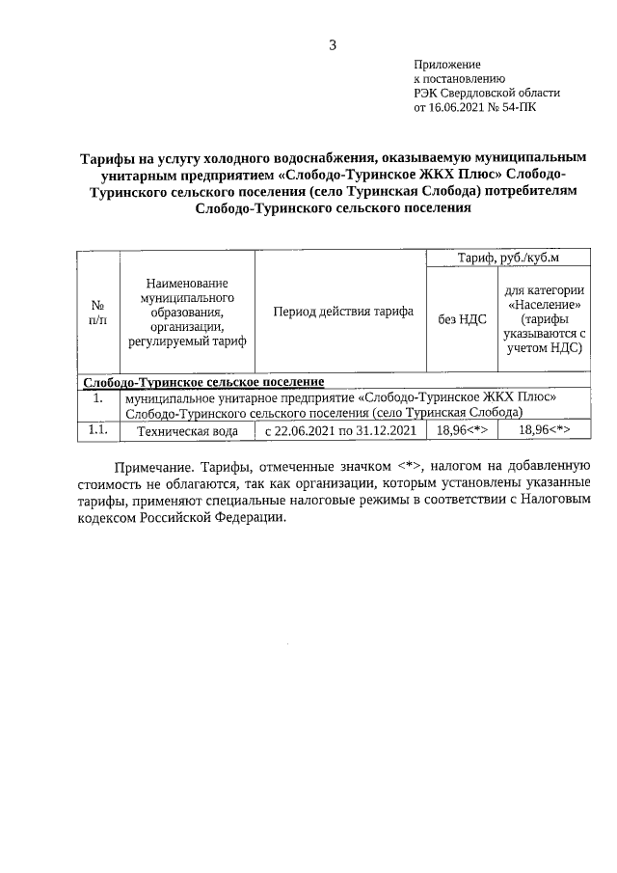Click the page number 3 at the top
click(x=332, y=45)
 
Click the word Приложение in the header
click(x=447, y=63)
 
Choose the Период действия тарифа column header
click(x=342, y=312)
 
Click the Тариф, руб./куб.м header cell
click(x=508, y=258)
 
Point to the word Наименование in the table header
click(x=187, y=283)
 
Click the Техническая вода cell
click(x=187, y=431)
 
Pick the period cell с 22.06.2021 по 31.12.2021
click(x=341, y=431)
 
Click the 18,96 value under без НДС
click(x=463, y=431)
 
